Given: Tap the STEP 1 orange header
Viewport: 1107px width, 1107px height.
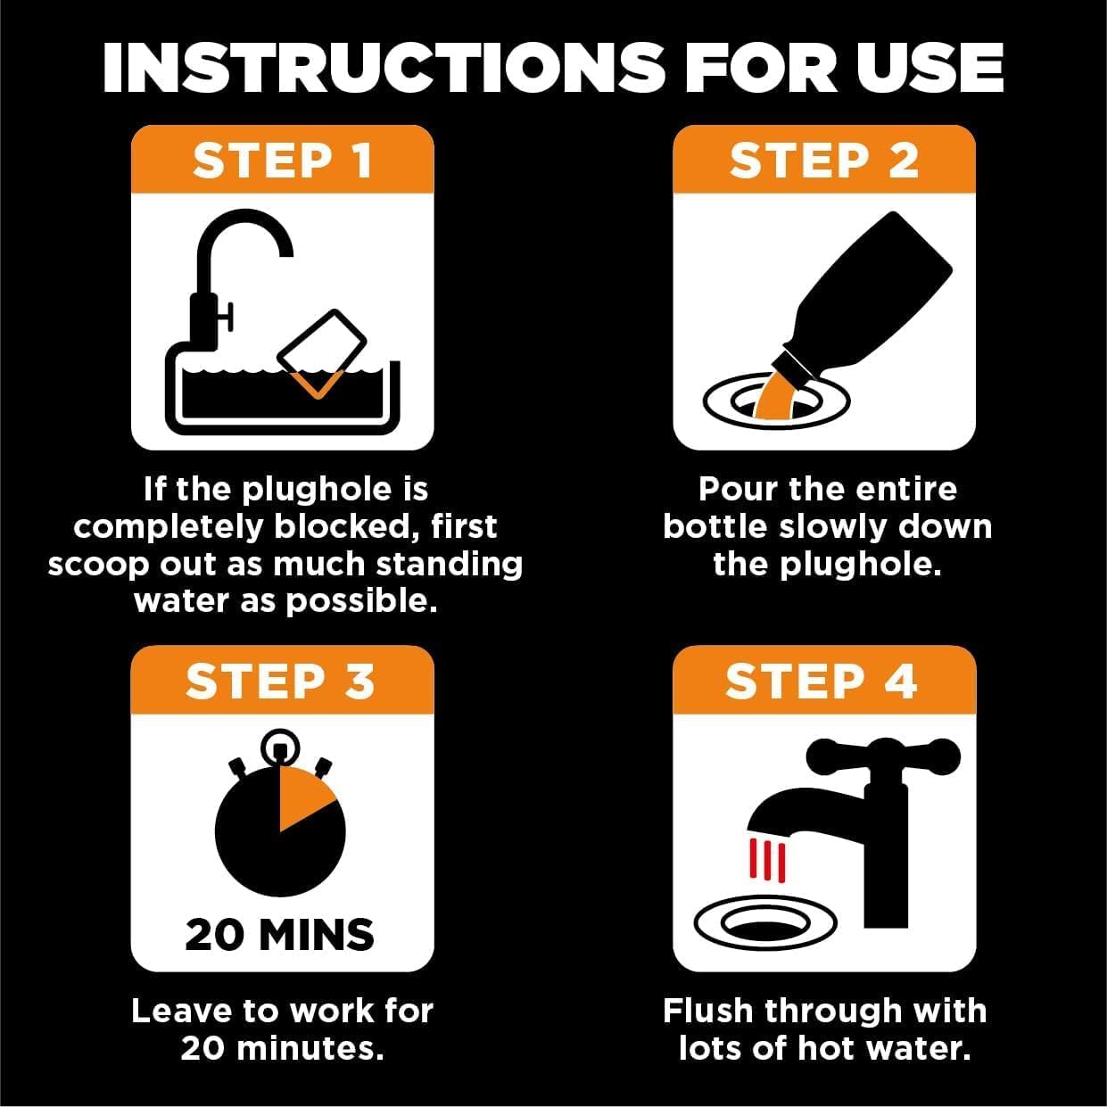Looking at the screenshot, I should pyautogui.click(x=282, y=161).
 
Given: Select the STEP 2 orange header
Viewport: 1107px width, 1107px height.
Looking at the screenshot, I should pyautogui.click(x=823, y=161).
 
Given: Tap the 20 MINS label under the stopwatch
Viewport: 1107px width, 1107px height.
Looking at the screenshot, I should pyautogui.click(x=280, y=934).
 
